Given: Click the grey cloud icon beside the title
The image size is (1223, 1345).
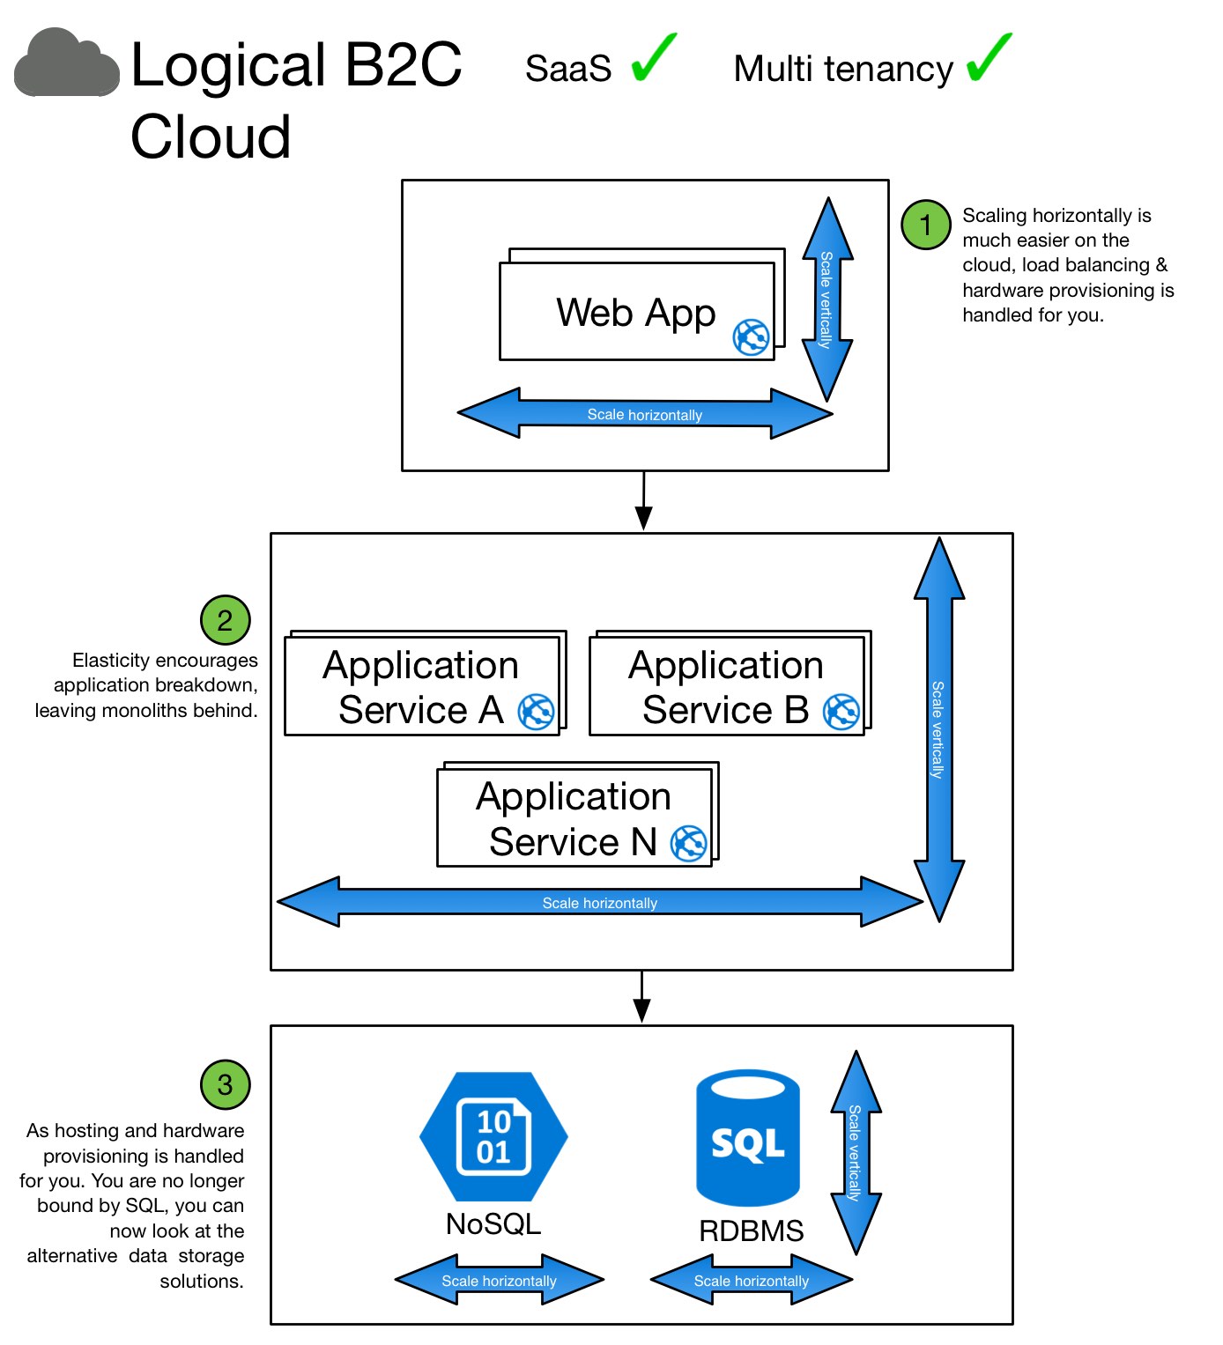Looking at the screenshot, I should [x=67, y=64].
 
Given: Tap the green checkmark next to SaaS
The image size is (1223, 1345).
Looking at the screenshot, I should [x=653, y=59].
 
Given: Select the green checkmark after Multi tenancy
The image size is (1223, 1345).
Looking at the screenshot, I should [x=989, y=59].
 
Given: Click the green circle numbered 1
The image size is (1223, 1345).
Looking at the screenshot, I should [x=925, y=225].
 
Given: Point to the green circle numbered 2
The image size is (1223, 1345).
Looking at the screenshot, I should [x=225, y=620].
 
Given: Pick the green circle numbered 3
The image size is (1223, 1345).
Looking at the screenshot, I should [x=225, y=1084].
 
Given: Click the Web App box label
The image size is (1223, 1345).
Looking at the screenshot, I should [x=635, y=313].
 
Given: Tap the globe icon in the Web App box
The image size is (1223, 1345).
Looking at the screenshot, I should [x=751, y=336].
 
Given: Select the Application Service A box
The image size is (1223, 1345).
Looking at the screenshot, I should [x=421, y=686].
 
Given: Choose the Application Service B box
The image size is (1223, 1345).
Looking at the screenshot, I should [x=726, y=686].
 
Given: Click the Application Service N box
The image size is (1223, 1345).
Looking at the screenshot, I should [x=574, y=817].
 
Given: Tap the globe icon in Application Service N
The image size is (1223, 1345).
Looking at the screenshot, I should [x=688, y=843].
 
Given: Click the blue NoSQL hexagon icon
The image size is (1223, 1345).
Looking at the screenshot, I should [x=493, y=1136].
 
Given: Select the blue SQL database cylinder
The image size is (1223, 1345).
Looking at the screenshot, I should [x=748, y=1138].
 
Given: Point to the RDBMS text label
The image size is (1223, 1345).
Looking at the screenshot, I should [x=751, y=1230].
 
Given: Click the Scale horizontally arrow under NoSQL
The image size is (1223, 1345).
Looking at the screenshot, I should [x=499, y=1280].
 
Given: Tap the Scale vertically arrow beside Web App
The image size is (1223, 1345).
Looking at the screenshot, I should [x=826, y=299].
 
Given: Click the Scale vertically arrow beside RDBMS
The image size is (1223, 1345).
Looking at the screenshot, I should [x=855, y=1152].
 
